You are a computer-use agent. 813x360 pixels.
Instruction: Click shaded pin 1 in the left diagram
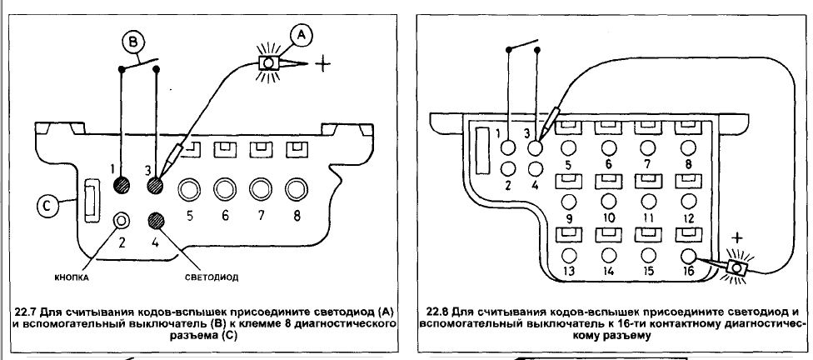(x=123, y=185)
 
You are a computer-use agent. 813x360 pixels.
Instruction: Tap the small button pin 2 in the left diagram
(x=123, y=221)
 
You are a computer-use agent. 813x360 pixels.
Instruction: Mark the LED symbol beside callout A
(x=269, y=62)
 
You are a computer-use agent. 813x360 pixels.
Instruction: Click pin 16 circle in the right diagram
(x=688, y=255)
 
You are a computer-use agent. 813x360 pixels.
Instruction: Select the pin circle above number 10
(x=611, y=201)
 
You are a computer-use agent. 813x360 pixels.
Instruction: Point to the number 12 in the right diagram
(x=689, y=218)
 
